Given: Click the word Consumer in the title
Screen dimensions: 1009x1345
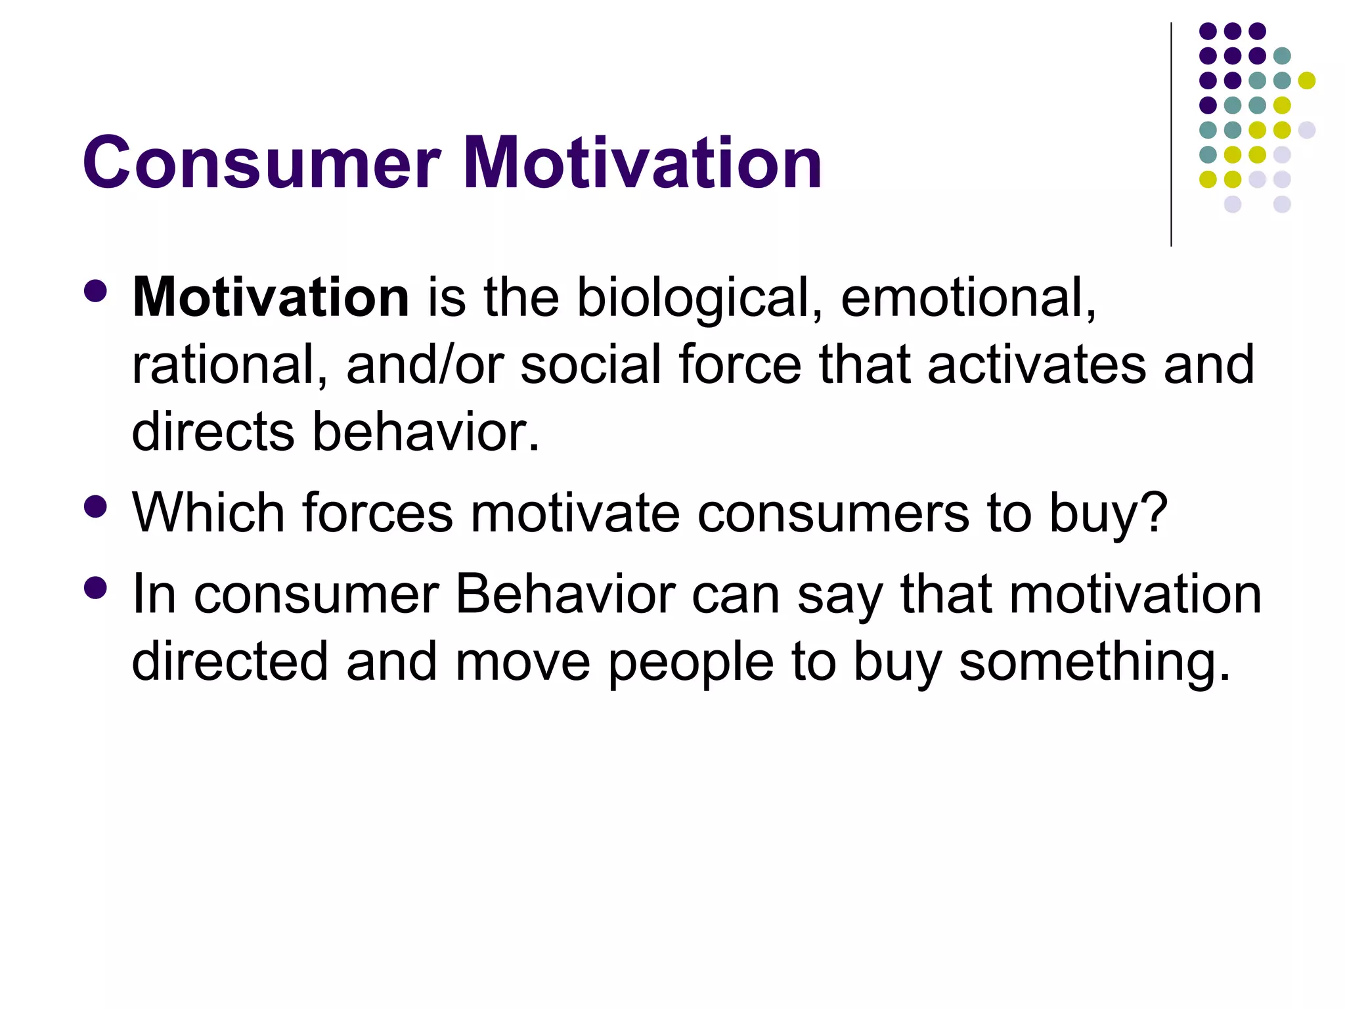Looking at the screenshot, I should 261,163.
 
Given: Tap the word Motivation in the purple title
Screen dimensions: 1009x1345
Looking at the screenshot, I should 642,163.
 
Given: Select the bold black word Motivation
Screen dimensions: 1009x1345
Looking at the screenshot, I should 271,298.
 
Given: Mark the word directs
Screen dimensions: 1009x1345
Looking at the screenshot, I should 213,432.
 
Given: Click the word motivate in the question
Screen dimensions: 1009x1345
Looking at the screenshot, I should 575,512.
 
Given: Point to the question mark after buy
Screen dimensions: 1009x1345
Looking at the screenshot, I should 1154,512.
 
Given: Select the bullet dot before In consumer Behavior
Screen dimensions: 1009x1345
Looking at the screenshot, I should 96,588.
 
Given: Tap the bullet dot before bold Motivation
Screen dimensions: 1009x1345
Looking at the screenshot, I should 96,291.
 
